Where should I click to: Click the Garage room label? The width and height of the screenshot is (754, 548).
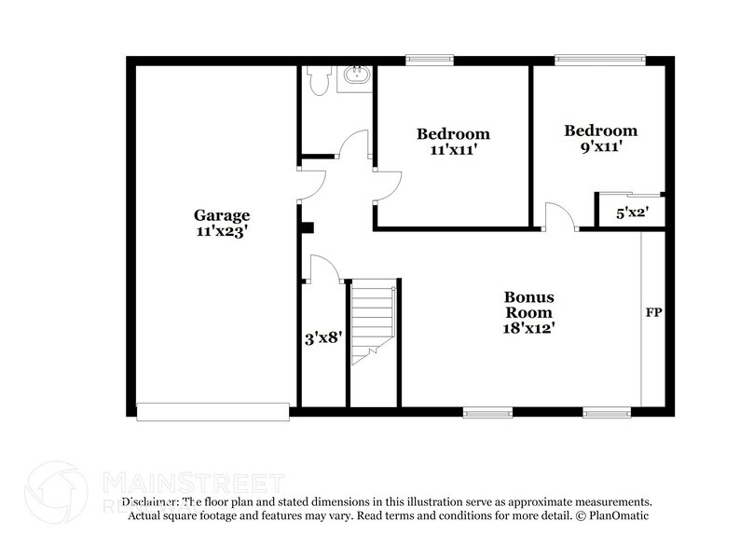222,215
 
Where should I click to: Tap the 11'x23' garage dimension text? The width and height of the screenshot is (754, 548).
222,232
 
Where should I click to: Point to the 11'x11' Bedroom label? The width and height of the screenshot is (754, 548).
452,134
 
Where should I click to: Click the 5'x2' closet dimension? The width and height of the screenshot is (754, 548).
632,213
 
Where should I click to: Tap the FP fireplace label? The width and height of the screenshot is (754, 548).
653,313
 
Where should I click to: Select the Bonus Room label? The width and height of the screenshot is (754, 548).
528,305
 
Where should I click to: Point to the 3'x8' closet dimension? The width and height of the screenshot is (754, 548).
324,339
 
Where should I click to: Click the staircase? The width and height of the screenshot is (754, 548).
374,317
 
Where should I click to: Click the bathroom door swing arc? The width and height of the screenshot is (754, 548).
354,145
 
